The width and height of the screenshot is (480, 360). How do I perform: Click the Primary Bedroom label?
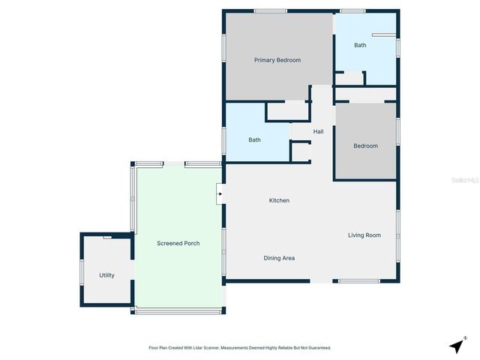coord(277,60)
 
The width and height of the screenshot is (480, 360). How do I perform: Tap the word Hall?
coord(318,132)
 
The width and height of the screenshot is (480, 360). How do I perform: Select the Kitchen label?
coord(279,200)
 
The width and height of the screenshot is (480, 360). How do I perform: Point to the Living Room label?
coord(364,235)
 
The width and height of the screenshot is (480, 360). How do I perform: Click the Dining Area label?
coord(278,258)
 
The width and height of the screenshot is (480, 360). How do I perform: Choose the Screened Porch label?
coord(178,244)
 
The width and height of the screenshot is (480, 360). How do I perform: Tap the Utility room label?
coord(106,275)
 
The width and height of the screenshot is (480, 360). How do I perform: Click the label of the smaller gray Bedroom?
coord(365,145)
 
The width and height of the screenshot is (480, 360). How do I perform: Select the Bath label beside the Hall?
coord(254,139)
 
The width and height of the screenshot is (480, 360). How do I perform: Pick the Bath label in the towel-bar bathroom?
coord(360,45)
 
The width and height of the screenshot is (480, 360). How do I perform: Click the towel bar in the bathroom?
coord(382,34)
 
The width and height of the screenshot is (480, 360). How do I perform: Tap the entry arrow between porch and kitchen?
coord(219,194)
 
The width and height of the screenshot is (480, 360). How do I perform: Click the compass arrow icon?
coord(456,346)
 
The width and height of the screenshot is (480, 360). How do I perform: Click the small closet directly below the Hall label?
coord(301,151)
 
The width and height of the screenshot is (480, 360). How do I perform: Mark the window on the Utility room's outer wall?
coord(81,271)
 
